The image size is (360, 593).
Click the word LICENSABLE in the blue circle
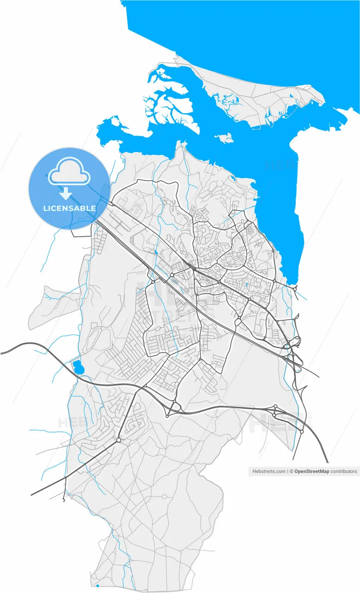(x=69, y=208)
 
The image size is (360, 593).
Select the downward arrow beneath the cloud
(x=66, y=193)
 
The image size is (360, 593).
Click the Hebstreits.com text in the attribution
(x=269, y=471)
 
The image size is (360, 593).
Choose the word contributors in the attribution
(x=344, y=471)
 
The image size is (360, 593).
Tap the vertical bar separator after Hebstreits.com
(x=287, y=471)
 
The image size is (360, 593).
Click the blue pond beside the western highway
(x=77, y=367)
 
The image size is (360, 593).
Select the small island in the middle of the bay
(x=224, y=138)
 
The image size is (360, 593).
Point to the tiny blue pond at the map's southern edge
(x=97, y=586)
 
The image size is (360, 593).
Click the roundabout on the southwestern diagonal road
(x=119, y=440)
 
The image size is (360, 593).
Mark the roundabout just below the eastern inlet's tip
(x=295, y=289)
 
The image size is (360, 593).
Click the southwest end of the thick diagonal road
(x=32, y=495)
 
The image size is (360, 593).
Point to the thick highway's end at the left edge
(x=2, y=353)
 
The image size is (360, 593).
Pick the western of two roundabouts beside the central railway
(x=153, y=281)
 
